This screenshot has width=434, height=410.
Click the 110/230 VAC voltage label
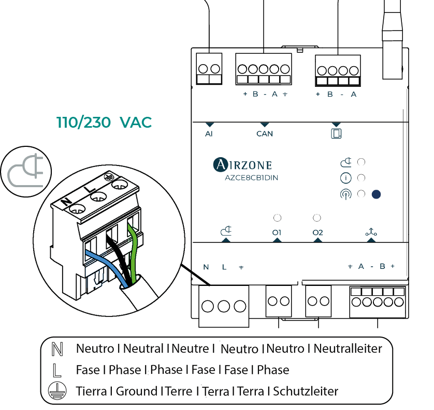(x=104, y=123)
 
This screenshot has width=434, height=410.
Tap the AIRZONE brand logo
(x=242, y=165)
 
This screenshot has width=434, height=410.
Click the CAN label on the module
(x=265, y=134)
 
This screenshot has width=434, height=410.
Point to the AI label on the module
(x=209, y=134)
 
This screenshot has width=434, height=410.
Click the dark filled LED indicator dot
(x=376, y=194)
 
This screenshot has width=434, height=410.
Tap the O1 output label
(x=277, y=233)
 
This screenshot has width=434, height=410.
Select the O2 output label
(x=317, y=233)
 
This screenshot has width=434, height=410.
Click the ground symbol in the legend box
(x=55, y=391)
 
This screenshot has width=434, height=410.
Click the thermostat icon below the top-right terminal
(x=337, y=134)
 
